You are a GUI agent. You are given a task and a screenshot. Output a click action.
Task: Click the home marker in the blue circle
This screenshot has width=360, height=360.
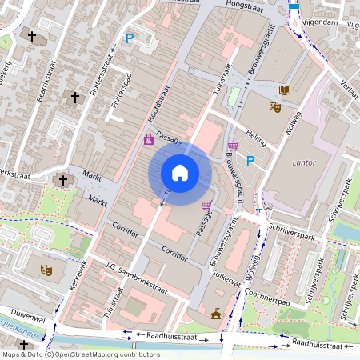(180, 173)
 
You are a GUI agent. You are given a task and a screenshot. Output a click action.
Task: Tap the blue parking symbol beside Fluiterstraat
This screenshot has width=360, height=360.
(129, 38)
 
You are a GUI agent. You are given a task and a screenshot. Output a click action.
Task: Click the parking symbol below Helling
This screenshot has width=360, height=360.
(250, 161)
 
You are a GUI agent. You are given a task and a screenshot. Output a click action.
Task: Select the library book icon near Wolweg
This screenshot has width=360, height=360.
(286, 91)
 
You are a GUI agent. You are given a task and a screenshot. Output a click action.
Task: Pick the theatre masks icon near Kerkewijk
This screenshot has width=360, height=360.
(47, 270)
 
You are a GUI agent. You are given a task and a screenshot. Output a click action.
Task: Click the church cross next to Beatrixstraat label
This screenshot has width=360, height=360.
(76, 97)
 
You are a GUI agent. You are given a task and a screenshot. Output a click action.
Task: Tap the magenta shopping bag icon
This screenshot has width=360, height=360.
(149, 139)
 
